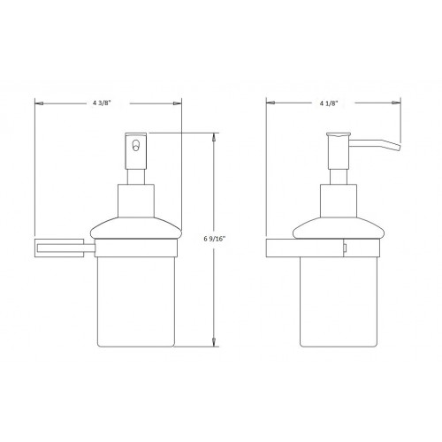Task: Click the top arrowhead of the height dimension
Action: [x=215, y=136]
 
